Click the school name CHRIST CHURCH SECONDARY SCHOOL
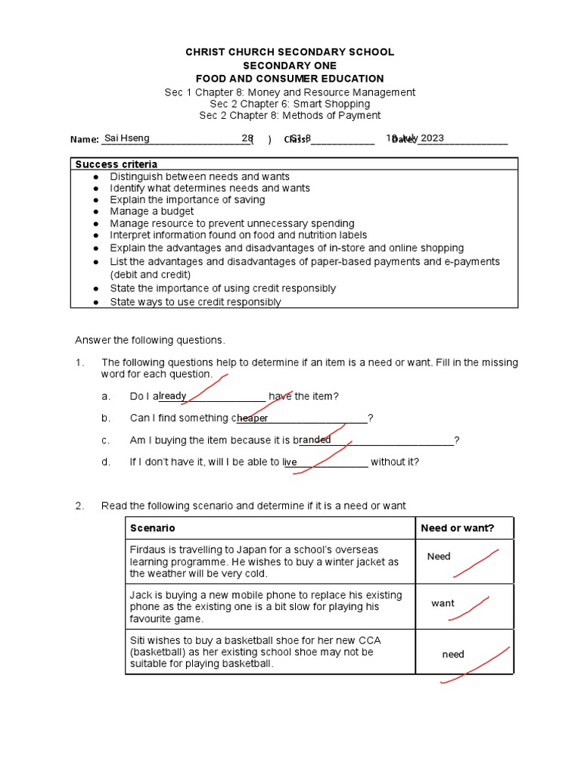tap(290, 51)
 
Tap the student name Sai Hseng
tap(126, 138)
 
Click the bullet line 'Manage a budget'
tap(151, 211)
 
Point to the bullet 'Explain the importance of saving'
tap(187, 200)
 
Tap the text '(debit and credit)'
tap(150, 274)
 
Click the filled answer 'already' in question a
tap(171, 396)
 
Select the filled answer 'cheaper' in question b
tap(251, 419)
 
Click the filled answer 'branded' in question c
tap(314, 440)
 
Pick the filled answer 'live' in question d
tap(290, 462)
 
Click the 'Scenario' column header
tap(152, 528)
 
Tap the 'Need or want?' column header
tap(457, 528)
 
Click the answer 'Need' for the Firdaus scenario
tap(439, 556)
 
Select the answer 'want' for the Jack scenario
tap(443, 603)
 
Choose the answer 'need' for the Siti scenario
tap(453, 654)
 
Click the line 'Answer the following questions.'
tap(150, 340)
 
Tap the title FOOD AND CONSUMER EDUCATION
tap(290, 79)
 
